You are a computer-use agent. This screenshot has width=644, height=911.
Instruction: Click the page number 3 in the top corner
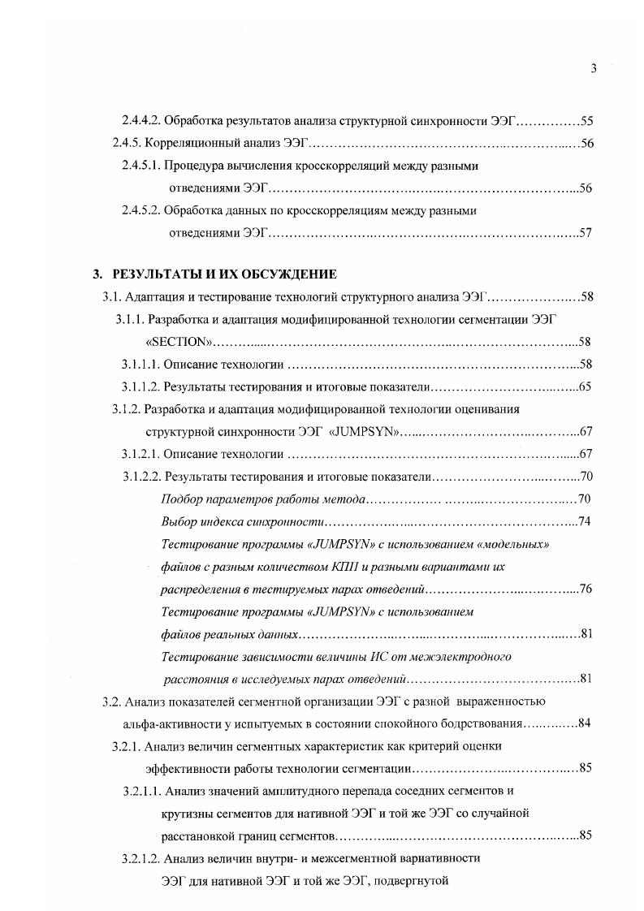(594, 69)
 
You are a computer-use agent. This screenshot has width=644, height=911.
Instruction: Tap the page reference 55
(587, 122)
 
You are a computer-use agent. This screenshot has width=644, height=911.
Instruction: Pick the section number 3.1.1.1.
(140, 364)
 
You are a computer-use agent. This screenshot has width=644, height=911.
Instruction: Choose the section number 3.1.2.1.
(140, 453)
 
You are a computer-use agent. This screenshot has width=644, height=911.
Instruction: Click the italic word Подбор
(179, 498)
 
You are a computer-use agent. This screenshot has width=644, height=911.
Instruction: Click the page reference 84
(587, 723)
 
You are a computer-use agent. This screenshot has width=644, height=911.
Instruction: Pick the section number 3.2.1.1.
(140, 790)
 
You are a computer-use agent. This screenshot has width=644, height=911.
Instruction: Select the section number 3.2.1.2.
(140, 857)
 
